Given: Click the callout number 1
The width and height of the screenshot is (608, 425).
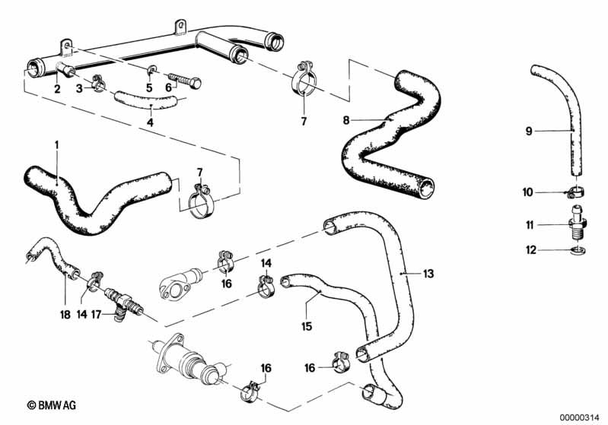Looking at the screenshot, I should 56,144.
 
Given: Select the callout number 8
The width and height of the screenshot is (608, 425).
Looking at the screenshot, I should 346,119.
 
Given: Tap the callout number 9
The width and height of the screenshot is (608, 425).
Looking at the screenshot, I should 527,131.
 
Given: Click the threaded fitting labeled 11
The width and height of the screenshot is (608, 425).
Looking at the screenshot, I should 577,222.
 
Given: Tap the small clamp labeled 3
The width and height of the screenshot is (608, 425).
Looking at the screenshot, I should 99,83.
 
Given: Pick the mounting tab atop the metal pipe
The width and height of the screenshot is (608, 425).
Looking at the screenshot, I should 180,27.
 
